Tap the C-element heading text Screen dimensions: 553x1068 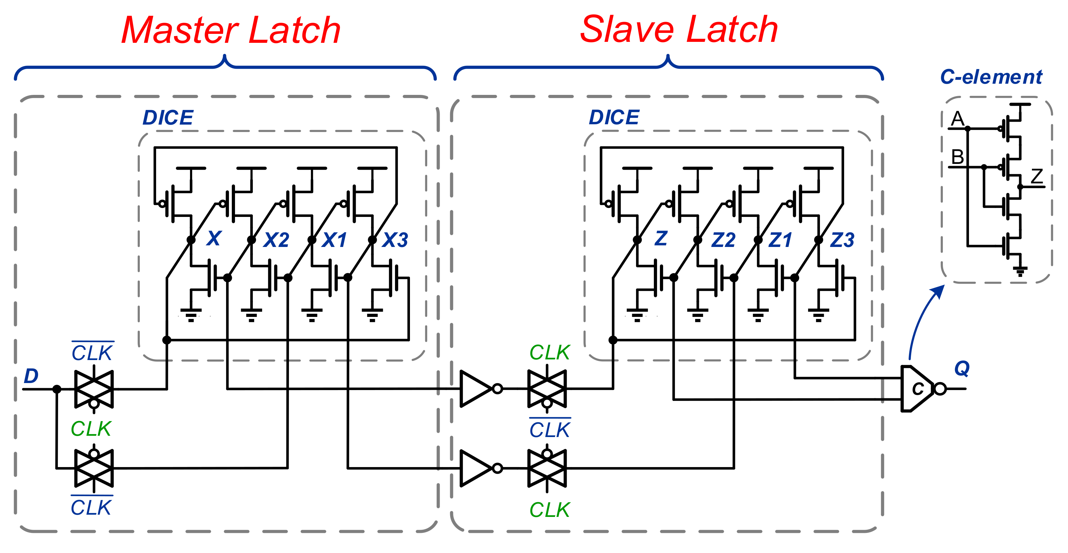point(991,77)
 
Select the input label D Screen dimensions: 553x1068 point(31,376)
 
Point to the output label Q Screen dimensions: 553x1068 point(962,368)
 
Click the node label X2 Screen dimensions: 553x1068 point(276,240)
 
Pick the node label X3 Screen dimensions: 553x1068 point(395,240)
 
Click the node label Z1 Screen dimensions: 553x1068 point(780,240)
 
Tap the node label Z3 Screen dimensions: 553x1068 point(842,240)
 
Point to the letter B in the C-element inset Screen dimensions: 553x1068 point(957,157)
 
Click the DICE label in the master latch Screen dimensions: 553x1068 point(168,118)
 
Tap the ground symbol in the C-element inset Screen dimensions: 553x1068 point(1020,271)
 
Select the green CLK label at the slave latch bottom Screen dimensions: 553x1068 point(550,510)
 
